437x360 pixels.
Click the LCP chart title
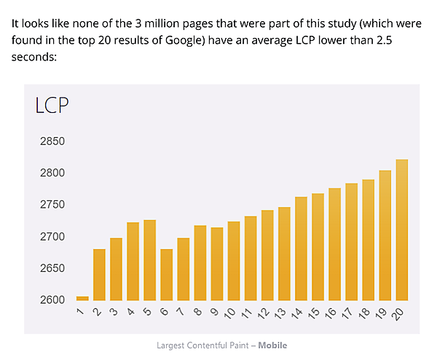[52, 106]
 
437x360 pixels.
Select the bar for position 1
[82, 298]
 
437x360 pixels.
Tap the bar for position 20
[401, 230]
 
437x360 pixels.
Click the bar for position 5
[149, 260]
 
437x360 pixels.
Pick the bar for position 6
[166, 275]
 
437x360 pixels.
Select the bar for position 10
[233, 261]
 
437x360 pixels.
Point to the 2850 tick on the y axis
[52, 141]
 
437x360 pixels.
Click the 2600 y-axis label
[52, 300]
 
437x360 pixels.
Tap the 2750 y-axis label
[52, 205]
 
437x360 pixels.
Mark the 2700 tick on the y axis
[52, 237]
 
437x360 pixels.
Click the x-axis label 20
[399, 313]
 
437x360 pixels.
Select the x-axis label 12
[265, 313]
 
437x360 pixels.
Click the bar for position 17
[351, 241]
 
